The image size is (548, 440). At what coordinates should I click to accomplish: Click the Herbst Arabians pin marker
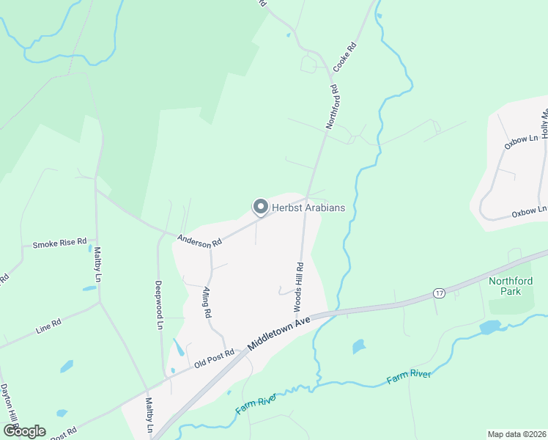point(259,208)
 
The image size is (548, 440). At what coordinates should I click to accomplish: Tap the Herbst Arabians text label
point(308,208)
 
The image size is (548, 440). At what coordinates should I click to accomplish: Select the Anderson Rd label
point(200,241)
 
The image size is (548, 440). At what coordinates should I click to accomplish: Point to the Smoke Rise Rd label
point(59,243)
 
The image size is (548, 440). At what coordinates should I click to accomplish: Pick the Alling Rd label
point(207,302)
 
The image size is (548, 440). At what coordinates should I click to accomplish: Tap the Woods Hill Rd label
point(298,285)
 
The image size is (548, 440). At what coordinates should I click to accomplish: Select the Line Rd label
point(48,326)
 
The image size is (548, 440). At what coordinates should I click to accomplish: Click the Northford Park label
point(511,286)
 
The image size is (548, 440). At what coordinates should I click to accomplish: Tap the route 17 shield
point(439,293)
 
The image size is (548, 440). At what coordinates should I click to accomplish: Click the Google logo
point(24,431)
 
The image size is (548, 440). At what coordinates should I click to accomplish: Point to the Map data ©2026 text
point(516,434)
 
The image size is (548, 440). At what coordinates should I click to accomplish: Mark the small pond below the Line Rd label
point(66,365)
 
